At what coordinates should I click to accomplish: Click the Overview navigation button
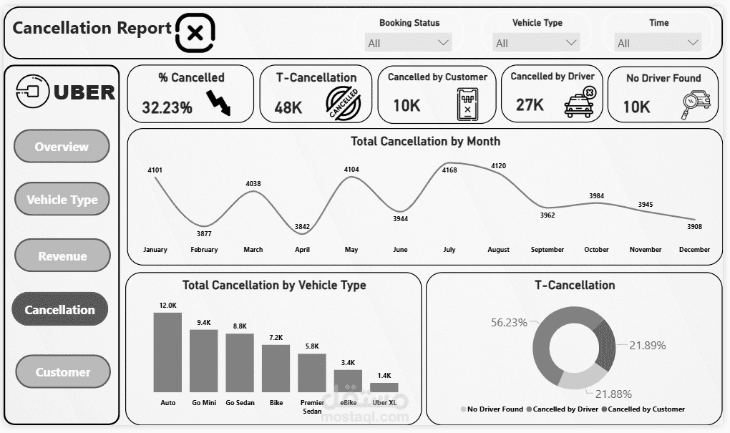pyautogui.click(x=62, y=147)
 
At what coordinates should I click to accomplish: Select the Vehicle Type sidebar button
pyautogui.click(x=62, y=200)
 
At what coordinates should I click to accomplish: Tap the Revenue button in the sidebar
pyautogui.click(x=62, y=256)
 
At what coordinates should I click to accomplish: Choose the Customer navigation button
pyautogui.click(x=63, y=372)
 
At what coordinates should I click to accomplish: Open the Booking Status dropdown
pyautogui.click(x=409, y=43)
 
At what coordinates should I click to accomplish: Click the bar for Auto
pyautogui.click(x=167, y=352)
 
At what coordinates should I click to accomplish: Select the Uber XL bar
pyautogui.click(x=384, y=387)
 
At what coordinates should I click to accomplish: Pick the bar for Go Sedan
pyautogui.click(x=240, y=362)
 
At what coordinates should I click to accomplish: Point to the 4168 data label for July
pyautogui.click(x=449, y=170)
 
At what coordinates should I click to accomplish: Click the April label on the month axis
pyautogui.click(x=302, y=250)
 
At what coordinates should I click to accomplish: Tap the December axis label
pyautogui.click(x=694, y=250)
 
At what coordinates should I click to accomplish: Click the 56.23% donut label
pyautogui.click(x=508, y=323)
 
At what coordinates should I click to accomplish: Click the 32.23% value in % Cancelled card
pyautogui.click(x=167, y=108)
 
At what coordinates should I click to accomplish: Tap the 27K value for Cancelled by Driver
pyautogui.click(x=530, y=106)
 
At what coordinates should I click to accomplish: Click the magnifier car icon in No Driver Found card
pyautogui.click(x=696, y=104)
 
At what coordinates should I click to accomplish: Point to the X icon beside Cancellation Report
pyautogui.click(x=195, y=32)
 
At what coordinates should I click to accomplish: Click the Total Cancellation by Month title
pyautogui.click(x=425, y=142)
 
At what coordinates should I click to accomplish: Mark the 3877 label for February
pyautogui.click(x=204, y=233)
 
